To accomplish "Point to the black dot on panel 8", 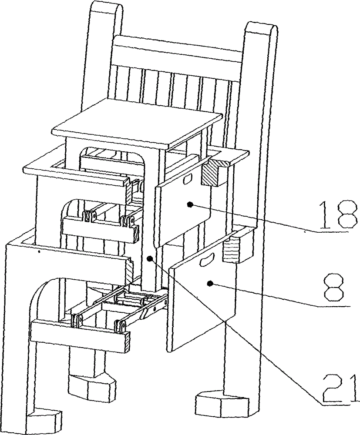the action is tap(210, 284).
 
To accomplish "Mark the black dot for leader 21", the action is tap(149, 259).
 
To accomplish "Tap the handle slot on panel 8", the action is tap(205, 262).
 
